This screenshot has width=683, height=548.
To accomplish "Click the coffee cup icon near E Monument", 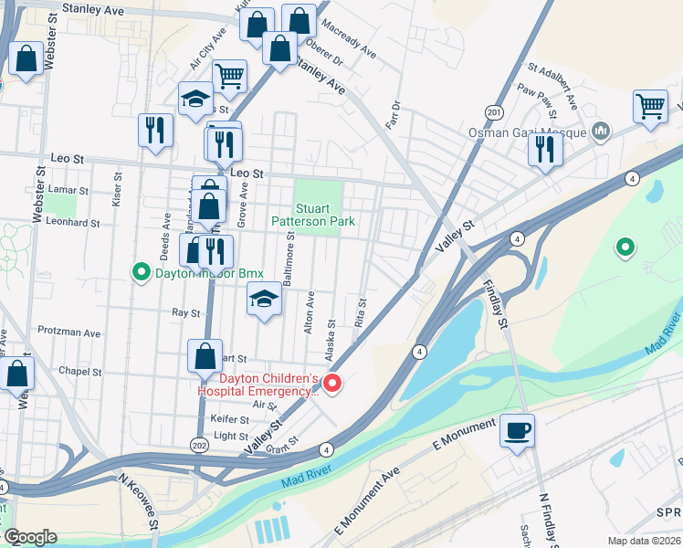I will coord(517,429).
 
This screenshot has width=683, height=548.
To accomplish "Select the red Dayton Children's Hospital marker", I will coord(333,385).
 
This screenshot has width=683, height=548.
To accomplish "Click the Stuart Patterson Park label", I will coord(312,214).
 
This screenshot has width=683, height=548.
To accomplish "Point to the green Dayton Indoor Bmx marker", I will coord(142,271).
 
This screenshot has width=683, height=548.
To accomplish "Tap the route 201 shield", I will coord(494,111).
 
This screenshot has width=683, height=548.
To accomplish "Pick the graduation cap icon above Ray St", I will coord(264,300).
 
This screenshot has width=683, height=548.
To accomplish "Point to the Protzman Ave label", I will coord(68,332).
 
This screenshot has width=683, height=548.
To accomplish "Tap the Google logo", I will coord(30,537).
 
